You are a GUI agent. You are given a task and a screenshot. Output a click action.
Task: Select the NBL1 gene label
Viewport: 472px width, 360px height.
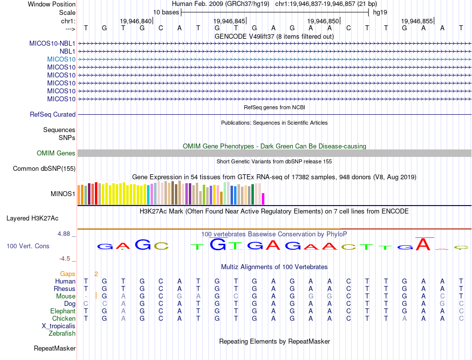coord(68,51)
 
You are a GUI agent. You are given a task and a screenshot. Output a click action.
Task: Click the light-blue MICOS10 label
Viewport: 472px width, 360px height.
coord(61,59)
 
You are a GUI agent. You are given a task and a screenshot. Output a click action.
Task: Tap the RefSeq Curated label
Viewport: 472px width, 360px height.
coord(53,115)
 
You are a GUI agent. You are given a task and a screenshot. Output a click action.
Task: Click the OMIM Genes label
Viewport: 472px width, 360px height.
coord(56,153)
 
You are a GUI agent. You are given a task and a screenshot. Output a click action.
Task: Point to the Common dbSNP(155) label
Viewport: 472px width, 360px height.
coord(44,169)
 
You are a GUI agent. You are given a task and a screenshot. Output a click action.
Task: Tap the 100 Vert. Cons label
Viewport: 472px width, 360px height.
coord(28,246)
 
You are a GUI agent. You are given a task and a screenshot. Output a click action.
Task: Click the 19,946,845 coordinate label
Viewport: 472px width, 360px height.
coord(230,21)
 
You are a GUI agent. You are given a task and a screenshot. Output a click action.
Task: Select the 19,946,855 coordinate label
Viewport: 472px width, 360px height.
coord(417,21)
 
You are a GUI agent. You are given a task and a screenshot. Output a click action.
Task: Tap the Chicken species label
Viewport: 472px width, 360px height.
coord(64,319)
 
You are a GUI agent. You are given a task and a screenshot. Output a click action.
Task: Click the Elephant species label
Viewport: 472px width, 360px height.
coord(63,311)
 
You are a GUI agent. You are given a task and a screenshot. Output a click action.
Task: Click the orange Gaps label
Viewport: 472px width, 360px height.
coord(68,274)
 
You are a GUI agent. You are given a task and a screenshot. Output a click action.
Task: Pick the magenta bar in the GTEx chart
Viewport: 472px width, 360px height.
coord(263,199)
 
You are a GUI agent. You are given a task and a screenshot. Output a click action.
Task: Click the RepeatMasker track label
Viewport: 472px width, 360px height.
coord(55,349)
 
